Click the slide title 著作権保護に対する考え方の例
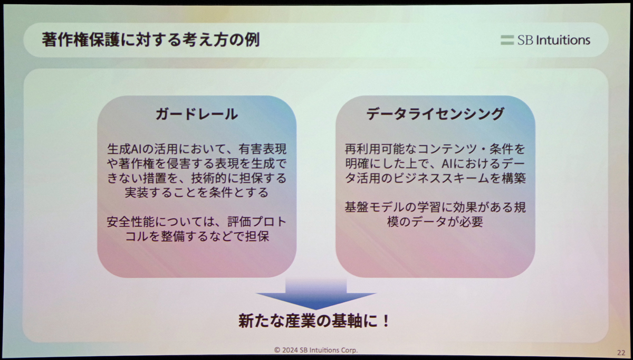(151, 40)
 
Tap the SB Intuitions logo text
(553, 40)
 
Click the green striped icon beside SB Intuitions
(507, 40)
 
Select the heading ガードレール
(197, 114)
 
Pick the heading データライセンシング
(435, 113)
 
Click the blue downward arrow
(316, 294)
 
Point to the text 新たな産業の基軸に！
(314, 321)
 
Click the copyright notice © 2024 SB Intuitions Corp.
(316, 350)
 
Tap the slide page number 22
(621, 353)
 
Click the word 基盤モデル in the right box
(375, 207)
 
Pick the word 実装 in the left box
(137, 193)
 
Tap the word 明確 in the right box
(357, 164)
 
